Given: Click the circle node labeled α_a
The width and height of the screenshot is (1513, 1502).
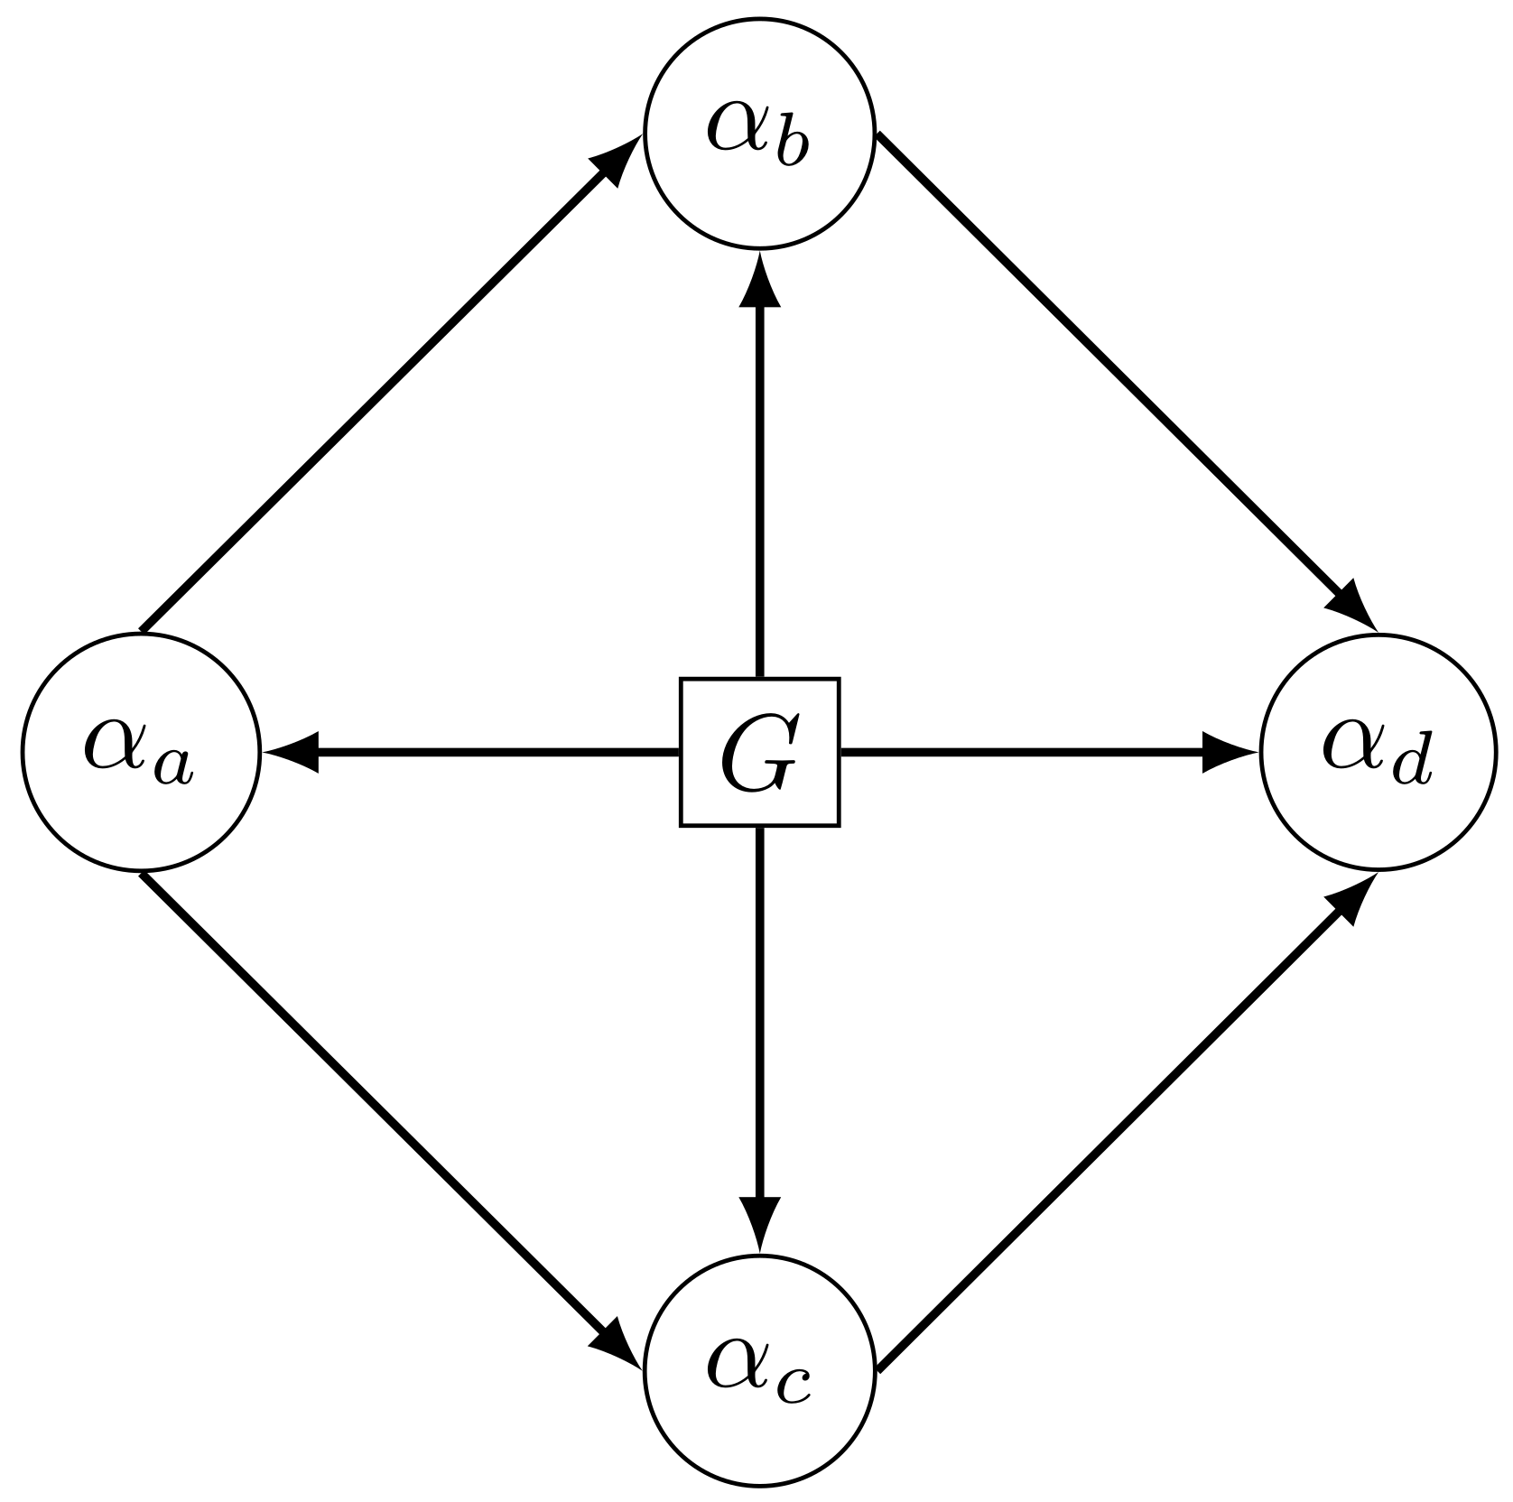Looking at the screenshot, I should tap(141, 752).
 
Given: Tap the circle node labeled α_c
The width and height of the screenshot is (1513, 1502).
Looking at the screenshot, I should tap(759, 1371).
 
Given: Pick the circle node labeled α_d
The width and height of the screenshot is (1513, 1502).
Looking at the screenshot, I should tap(1378, 752).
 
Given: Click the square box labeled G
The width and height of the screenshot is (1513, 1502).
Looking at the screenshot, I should tap(759, 752).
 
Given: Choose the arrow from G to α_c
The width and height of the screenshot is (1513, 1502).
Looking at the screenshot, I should tap(759, 1020).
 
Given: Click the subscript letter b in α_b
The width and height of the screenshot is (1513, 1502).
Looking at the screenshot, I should tap(791, 149).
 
